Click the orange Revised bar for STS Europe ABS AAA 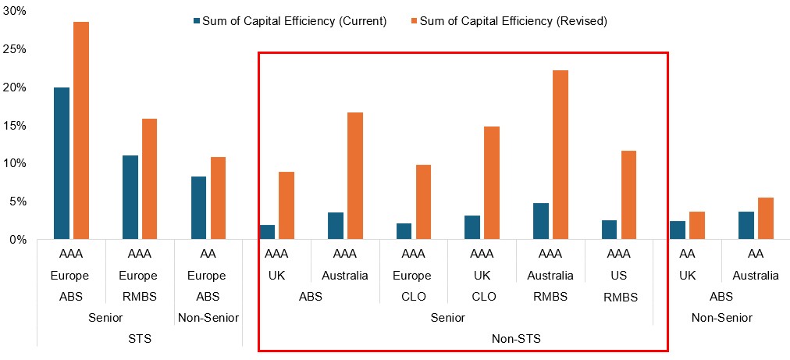point(81,130)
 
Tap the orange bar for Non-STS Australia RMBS point(560,155)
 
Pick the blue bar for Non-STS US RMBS point(609,230)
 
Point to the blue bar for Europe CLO point(404,231)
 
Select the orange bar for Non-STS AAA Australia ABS point(355,176)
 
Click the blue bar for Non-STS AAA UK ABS point(267,232)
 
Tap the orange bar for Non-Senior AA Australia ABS point(766,219)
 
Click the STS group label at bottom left point(140,339)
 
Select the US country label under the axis point(619,276)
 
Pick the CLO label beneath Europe point(412,297)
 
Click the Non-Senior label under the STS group point(208,318)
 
